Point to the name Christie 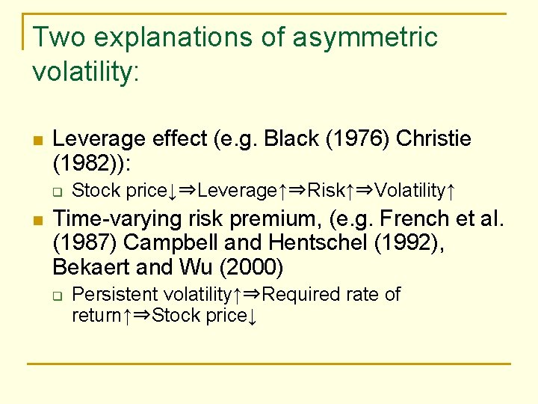click(x=433, y=138)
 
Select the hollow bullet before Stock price click(x=57, y=192)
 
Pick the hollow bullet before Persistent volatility click(x=57, y=295)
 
